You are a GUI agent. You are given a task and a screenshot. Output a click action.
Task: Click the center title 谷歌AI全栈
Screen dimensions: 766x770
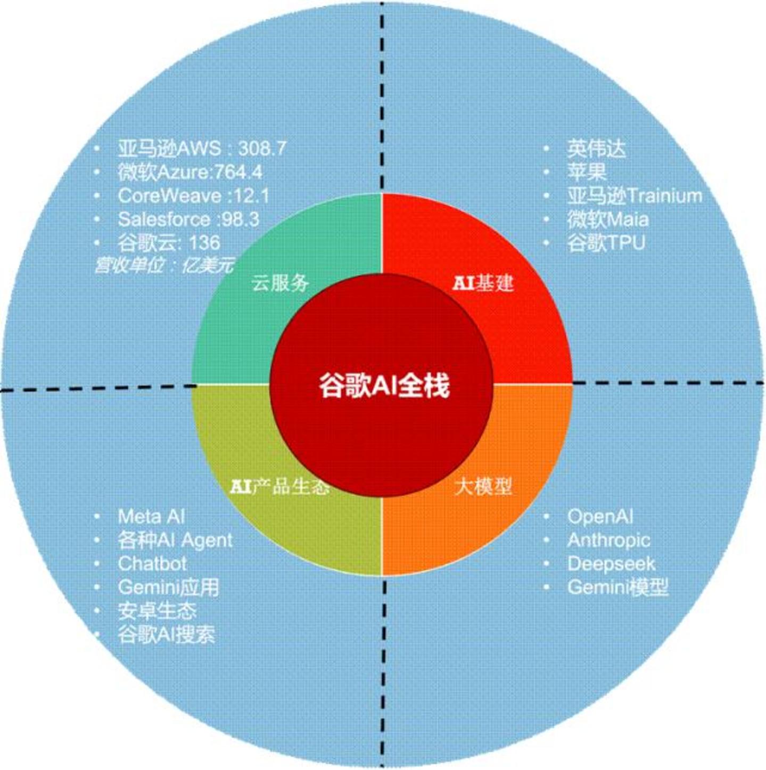pyautogui.click(x=384, y=386)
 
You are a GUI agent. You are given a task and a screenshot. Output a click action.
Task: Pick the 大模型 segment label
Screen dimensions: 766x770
pyautogui.click(x=483, y=487)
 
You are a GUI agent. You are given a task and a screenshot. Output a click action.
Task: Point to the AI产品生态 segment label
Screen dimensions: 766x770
pyautogui.click(x=281, y=487)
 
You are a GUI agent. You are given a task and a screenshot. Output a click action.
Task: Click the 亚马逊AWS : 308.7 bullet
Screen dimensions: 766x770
pyautogui.click(x=202, y=149)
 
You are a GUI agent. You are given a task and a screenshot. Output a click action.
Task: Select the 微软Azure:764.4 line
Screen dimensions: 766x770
pyautogui.click(x=190, y=172)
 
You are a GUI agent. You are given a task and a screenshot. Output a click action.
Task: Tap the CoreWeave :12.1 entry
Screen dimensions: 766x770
pyautogui.click(x=193, y=196)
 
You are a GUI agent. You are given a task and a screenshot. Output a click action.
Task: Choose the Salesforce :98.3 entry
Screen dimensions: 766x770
pyautogui.click(x=188, y=219)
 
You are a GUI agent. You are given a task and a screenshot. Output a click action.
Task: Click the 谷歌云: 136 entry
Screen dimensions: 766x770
pyautogui.click(x=169, y=242)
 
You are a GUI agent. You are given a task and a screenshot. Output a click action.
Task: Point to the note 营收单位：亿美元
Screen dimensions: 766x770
pyautogui.click(x=164, y=265)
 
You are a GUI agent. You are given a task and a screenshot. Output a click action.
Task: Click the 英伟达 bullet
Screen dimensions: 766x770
pyautogui.click(x=596, y=149)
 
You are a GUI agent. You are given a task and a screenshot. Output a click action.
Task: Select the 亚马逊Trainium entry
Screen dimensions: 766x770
pyautogui.click(x=635, y=196)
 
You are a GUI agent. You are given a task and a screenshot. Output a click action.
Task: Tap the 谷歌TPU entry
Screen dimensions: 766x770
pyautogui.click(x=606, y=242)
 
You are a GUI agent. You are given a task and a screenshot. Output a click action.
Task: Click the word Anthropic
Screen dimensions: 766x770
pyautogui.click(x=608, y=540)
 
